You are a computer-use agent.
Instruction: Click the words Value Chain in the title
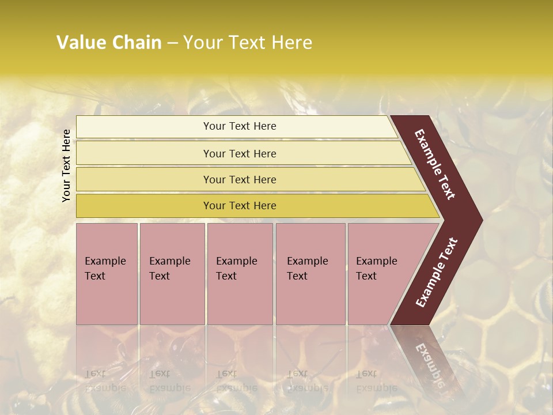(x=109, y=43)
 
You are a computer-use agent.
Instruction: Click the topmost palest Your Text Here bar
(x=239, y=126)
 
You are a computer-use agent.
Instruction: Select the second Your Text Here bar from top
(x=239, y=153)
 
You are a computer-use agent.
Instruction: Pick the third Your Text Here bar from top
(x=239, y=179)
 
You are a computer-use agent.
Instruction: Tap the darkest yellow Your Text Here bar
(x=239, y=206)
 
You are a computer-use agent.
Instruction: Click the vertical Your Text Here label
(x=66, y=165)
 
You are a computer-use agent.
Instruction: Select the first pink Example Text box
(x=107, y=273)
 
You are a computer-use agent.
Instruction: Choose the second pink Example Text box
(x=172, y=273)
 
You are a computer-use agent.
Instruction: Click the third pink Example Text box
(x=240, y=273)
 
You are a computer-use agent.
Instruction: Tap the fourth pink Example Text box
(x=310, y=273)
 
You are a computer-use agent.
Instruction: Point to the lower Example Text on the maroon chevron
(x=437, y=272)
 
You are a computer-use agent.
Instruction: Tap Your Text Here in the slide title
(x=247, y=43)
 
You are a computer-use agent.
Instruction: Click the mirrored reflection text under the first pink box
(x=105, y=381)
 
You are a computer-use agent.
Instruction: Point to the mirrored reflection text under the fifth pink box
(x=377, y=381)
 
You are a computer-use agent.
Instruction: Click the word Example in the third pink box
(x=236, y=261)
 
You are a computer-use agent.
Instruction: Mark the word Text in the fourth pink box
(x=297, y=276)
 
